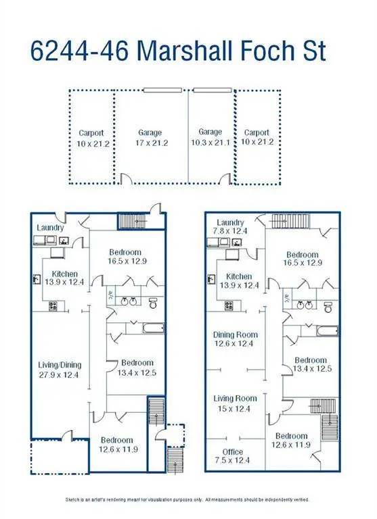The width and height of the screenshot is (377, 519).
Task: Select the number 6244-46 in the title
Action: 83,52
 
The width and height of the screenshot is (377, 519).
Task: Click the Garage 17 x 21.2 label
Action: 150,138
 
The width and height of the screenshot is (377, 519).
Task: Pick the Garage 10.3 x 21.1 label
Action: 210,137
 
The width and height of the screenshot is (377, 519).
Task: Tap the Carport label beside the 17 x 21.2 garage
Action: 91,138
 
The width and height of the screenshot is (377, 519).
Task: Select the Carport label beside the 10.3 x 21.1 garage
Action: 257,137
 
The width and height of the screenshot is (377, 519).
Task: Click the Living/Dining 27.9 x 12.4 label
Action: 58,369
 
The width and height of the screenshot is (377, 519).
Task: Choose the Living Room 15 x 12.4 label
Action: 235,403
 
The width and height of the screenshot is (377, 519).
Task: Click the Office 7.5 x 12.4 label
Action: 233,456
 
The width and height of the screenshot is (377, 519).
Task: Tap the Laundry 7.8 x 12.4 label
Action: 230,227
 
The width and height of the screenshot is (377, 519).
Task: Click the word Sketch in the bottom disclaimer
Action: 74,499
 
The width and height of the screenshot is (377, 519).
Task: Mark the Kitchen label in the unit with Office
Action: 239,281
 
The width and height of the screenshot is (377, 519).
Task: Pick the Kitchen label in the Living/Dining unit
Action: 65,278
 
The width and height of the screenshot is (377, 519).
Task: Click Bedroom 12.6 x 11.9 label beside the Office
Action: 291,440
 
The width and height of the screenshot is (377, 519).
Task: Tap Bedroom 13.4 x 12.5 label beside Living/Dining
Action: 138,368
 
